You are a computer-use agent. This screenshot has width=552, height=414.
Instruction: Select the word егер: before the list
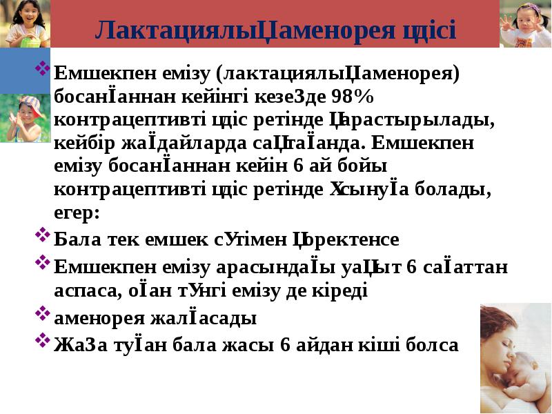point(77,213)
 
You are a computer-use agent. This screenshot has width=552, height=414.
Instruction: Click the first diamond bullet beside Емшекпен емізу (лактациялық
point(42,68)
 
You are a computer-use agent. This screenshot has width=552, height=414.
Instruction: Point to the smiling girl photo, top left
point(25,23)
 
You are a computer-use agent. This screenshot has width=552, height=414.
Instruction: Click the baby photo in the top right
point(525,23)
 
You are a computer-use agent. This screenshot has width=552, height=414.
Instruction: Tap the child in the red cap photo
point(25,118)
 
